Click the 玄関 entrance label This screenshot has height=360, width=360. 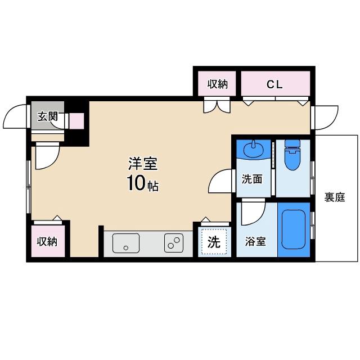click(47, 116)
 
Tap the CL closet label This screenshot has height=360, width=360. click(274, 85)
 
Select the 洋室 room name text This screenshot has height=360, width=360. click(143, 164)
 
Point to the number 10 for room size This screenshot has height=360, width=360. click(136, 183)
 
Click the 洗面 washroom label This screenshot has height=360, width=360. click(252, 179)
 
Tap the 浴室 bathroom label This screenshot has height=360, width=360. click(255, 241)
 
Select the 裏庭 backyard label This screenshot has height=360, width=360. click(335, 197)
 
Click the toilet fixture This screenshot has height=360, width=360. click(292, 155)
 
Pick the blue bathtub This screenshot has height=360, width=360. click(294, 229)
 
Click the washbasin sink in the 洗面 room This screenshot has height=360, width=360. click(254, 150)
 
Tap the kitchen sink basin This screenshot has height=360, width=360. click(126, 243)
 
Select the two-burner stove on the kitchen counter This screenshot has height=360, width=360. click(174, 243)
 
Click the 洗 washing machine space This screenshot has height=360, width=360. click(214, 241)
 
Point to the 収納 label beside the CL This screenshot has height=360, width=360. click(218, 84)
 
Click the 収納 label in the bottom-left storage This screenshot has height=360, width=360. click(47, 241)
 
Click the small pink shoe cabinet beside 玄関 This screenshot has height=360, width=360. click(76, 121)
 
